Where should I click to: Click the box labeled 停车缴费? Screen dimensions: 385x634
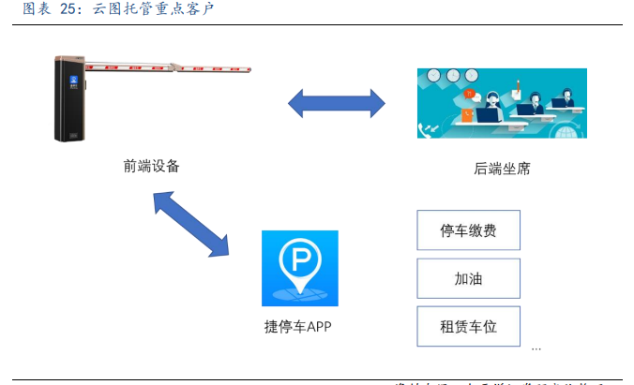(467, 230)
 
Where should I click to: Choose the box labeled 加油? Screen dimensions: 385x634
(467, 278)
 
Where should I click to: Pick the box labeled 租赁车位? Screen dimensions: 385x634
(467, 326)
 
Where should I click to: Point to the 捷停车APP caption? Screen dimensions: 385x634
(299, 327)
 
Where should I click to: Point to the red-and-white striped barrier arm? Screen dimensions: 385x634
(169, 67)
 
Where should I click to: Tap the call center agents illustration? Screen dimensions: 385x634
(502, 103)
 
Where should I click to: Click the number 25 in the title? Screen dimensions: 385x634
(70, 9)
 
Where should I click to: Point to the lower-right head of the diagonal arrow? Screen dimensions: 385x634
(219, 245)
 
